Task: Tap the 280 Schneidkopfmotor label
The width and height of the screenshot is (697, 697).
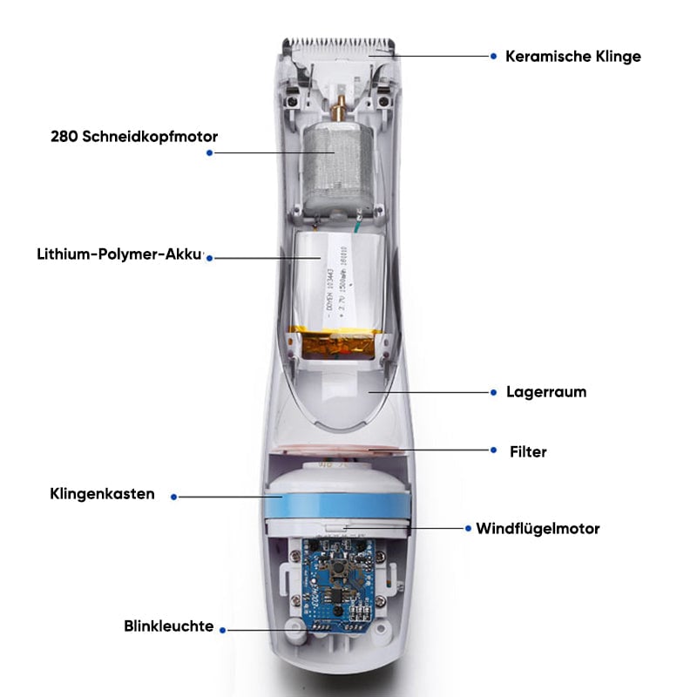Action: pos(134,136)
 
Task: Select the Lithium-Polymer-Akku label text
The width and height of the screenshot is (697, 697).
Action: pos(119,254)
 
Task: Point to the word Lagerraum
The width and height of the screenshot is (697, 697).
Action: pos(546,392)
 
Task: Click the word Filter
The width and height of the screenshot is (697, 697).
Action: pos(529,451)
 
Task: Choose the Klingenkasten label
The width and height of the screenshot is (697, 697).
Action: pos(102,494)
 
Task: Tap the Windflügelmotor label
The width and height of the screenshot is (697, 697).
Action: pos(538,528)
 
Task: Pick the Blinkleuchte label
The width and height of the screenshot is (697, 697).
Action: pos(169,626)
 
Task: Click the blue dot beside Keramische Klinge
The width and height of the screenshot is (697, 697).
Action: pos(494,56)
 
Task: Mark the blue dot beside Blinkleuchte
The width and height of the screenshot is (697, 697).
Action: pos(223,628)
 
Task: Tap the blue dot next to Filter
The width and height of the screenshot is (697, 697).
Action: pos(494,450)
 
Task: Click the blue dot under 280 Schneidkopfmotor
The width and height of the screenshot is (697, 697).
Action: pos(209,152)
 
